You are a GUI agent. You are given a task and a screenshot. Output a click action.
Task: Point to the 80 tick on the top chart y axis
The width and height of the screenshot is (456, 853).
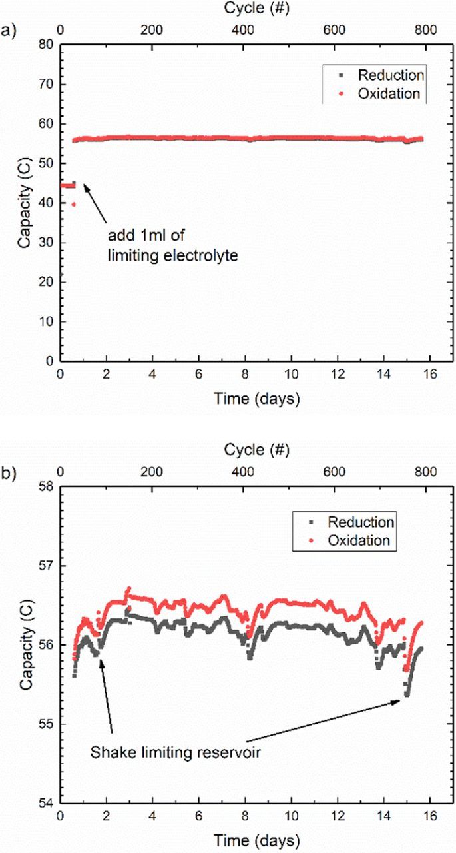(47, 45)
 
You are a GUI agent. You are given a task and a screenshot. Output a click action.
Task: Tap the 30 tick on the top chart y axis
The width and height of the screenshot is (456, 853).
(47, 243)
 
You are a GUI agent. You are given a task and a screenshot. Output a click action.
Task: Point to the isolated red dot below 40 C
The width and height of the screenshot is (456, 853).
(73, 204)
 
